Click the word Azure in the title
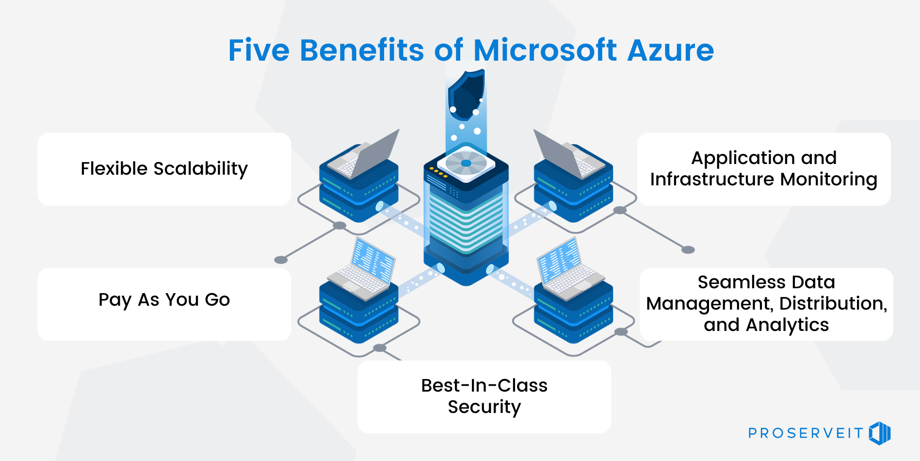[x=670, y=50]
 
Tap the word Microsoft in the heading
[x=545, y=50]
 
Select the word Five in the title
[x=258, y=50]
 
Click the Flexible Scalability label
[x=164, y=169]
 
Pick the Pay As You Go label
[x=164, y=300]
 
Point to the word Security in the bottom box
[x=484, y=407]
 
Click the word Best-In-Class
[x=484, y=385]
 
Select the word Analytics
[x=787, y=325]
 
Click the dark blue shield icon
[x=466, y=95]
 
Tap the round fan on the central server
[x=466, y=163]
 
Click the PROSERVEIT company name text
[x=806, y=433]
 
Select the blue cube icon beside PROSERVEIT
[x=880, y=433]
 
